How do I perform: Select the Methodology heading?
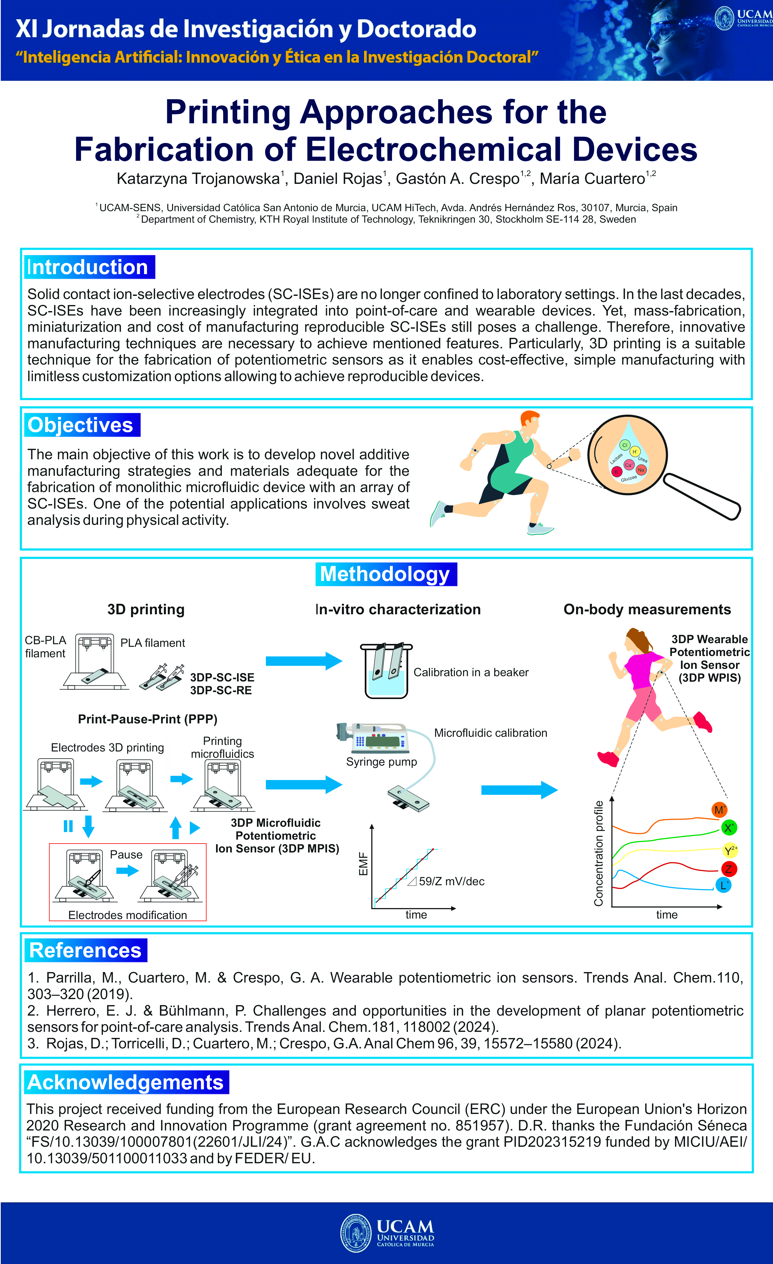pyautogui.click(x=385, y=574)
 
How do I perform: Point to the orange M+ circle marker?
pyautogui.click(x=719, y=810)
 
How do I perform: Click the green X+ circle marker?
pyautogui.click(x=728, y=828)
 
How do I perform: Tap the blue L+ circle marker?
pyautogui.click(x=723, y=885)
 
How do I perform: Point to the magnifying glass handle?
pyautogui.click(x=702, y=496)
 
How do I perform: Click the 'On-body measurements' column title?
pyautogui.click(x=647, y=609)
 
